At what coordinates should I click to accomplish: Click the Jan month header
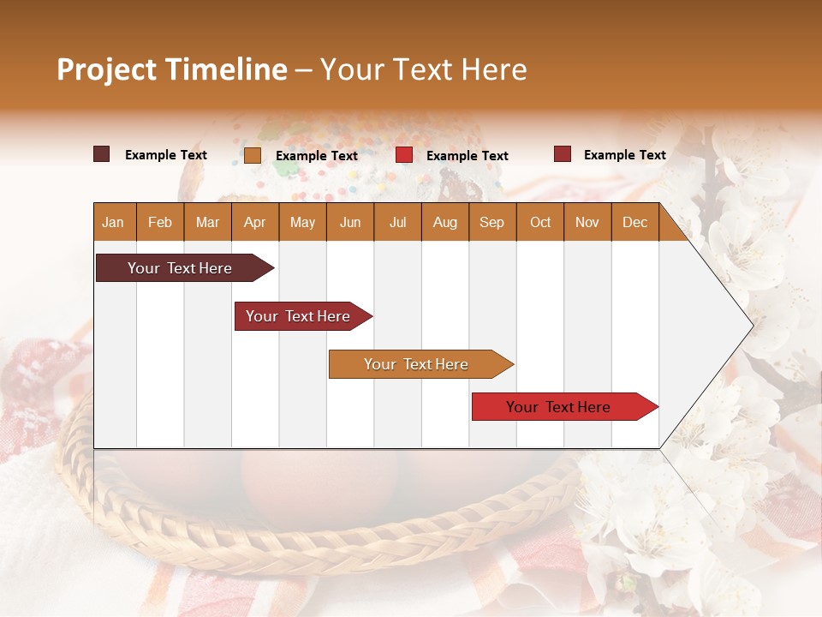[x=113, y=223]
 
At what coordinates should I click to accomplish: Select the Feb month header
[x=160, y=223]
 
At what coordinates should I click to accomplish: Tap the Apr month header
[x=255, y=223]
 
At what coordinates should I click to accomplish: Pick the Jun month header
[x=350, y=223]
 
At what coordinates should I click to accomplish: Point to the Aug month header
[x=445, y=223]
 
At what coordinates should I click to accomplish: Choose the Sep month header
[x=492, y=223]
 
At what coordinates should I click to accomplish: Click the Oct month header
[x=540, y=223]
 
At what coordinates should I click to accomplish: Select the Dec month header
[x=635, y=223]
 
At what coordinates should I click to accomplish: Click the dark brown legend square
[x=102, y=154]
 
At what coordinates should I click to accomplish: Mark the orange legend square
[x=253, y=155]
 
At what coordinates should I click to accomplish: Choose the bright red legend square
[x=404, y=155]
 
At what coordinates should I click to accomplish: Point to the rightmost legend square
[x=563, y=154]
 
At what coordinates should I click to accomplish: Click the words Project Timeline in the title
[x=171, y=69]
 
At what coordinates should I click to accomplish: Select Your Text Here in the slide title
[x=424, y=69]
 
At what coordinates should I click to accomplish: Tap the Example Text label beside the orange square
[x=317, y=156]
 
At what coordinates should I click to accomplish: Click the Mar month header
[x=208, y=223]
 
